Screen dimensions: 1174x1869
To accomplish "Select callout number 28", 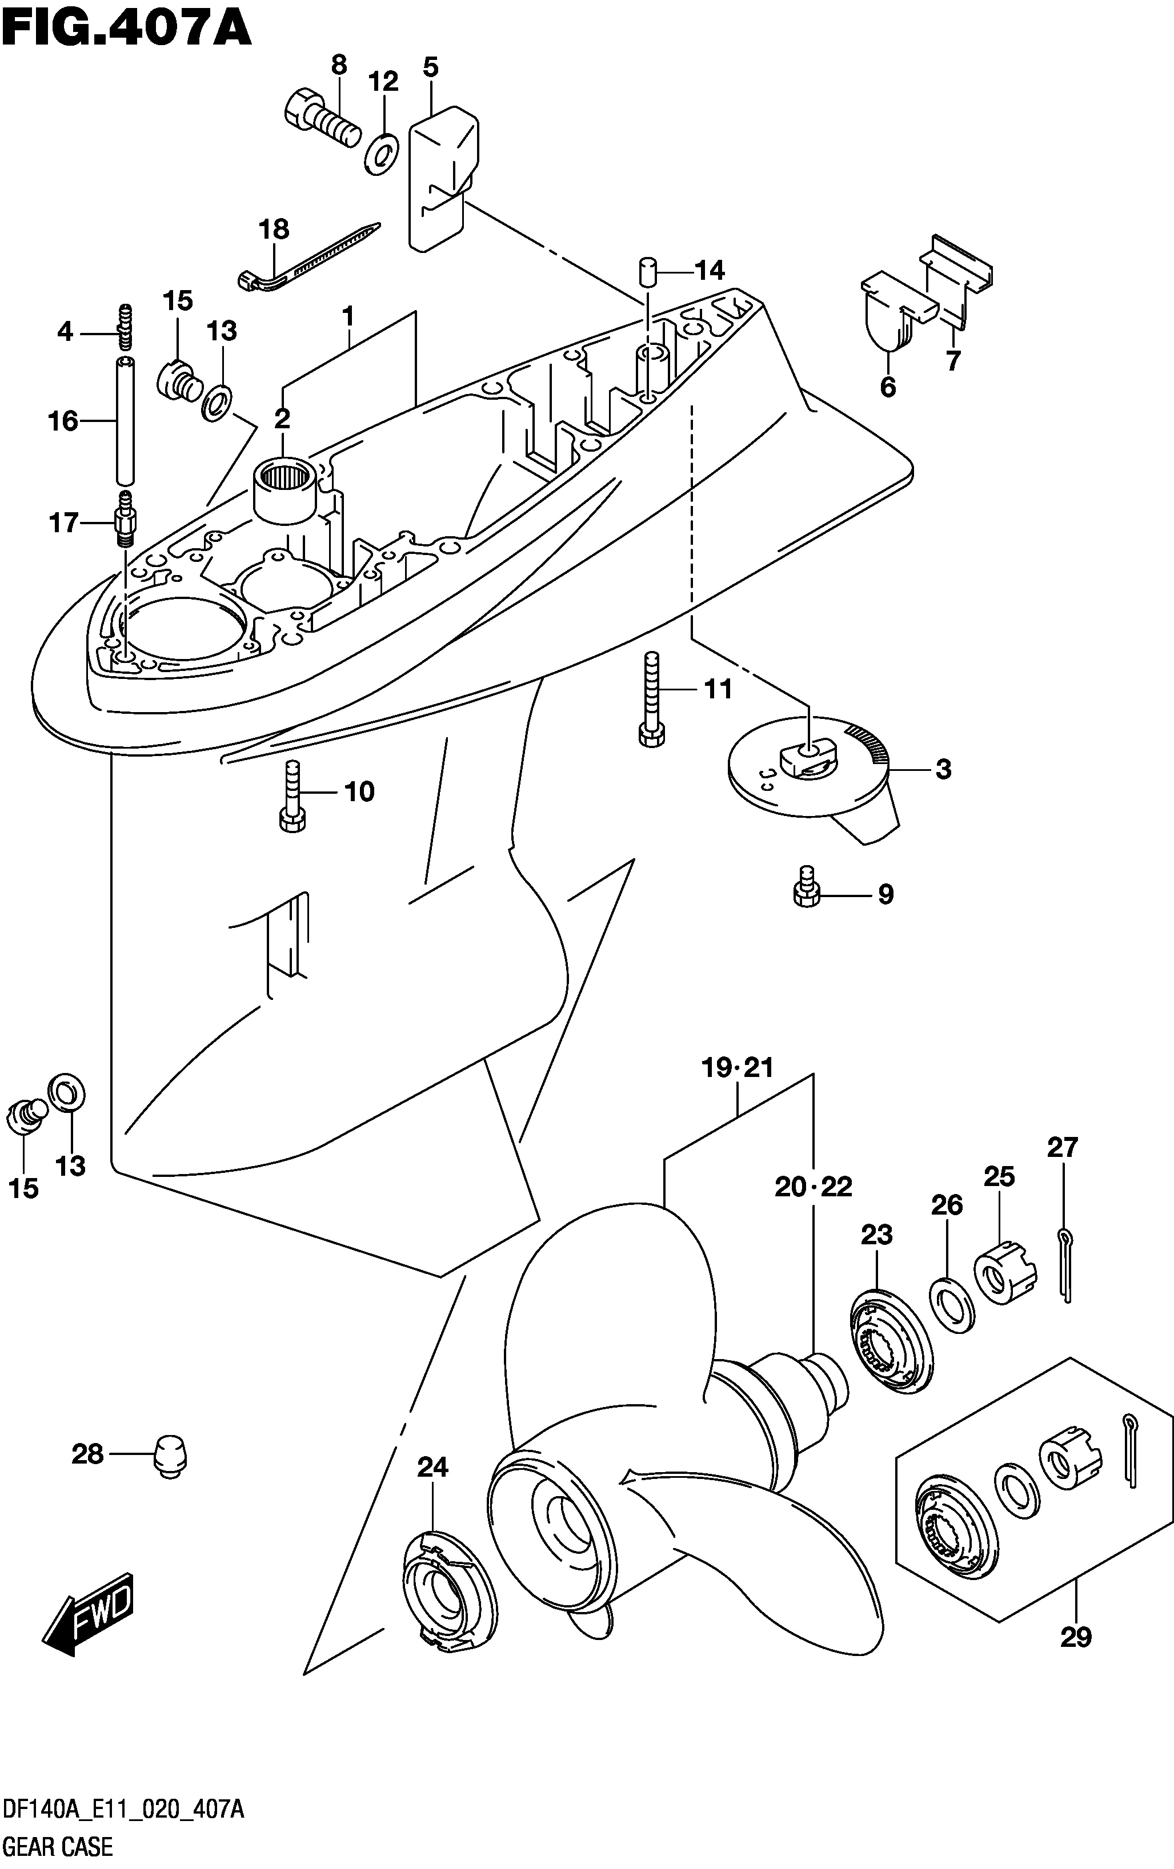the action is pos(87,1454).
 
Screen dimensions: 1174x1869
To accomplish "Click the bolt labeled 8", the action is pos(320,119).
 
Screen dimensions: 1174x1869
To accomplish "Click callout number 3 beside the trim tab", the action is pos(943,769).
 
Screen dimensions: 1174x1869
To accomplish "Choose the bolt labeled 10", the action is pos(292,797).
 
